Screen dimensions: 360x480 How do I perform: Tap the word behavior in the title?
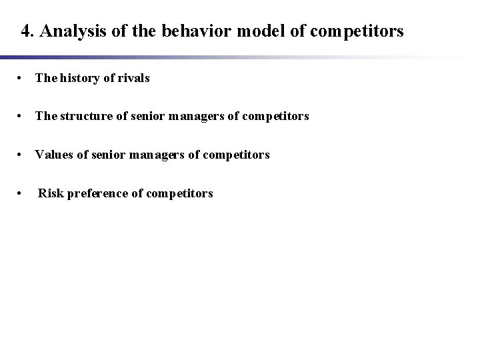tap(171, 31)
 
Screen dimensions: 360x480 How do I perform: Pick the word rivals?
tap(133, 78)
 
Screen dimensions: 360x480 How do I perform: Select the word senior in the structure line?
tap(150, 116)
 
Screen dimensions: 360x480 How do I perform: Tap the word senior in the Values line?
tap(111, 155)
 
